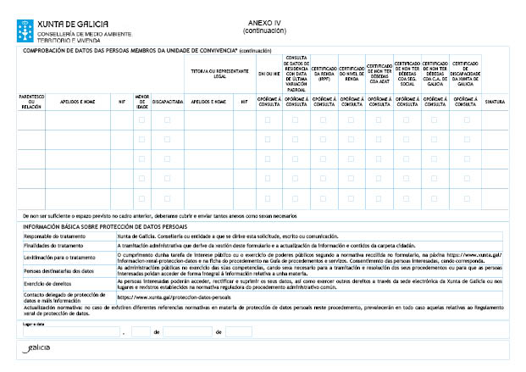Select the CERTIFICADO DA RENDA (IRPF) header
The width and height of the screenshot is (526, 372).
coord(324,74)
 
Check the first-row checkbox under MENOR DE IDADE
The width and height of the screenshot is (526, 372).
coord(141,120)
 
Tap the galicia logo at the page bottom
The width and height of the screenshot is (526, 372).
coord(38,348)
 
